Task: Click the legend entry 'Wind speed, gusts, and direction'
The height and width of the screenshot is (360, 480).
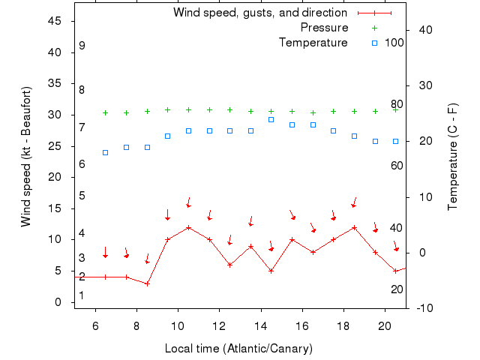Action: (259, 13)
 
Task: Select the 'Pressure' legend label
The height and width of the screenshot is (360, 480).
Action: (324, 28)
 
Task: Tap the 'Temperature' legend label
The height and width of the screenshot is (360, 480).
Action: (313, 43)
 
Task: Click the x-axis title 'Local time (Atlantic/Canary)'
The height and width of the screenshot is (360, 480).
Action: (239, 349)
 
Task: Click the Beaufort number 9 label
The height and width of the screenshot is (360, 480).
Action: (82, 46)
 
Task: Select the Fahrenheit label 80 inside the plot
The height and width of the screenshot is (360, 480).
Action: (397, 104)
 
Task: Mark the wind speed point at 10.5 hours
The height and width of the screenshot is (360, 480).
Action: (189, 227)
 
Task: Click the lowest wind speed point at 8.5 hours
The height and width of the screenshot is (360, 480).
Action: (148, 283)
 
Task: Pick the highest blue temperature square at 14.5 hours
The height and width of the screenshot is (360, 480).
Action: (271, 119)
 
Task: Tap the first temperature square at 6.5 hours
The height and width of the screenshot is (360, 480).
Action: (106, 152)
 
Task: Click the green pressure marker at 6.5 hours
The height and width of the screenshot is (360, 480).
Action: (106, 112)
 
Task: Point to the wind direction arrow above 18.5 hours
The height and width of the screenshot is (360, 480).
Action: (354, 202)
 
